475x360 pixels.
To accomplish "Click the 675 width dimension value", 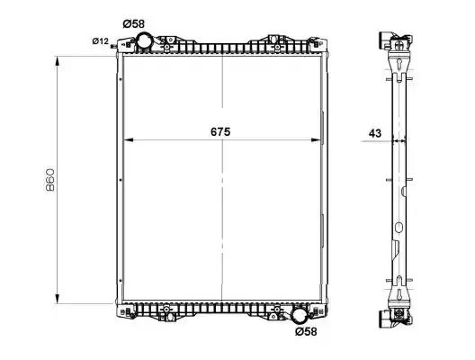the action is point(220,131).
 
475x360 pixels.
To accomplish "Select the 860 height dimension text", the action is point(50,180).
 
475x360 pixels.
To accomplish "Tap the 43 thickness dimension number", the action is point(375,133).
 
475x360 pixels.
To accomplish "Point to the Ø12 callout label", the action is point(100,40).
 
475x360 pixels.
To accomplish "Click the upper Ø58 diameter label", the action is point(133,23).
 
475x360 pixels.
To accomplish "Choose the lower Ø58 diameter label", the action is point(306,331).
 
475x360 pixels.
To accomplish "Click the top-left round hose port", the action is point(144,40).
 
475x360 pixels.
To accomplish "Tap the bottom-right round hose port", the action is point(299,315).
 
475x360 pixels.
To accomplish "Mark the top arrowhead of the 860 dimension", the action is point(57,60).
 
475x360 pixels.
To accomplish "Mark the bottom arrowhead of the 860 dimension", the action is point(57,299).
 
